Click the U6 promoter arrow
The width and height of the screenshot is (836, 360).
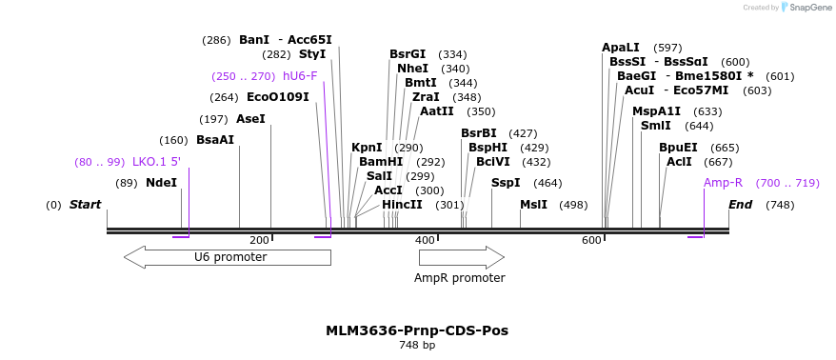coord(228,257)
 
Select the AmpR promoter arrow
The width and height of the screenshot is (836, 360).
coord(462,257)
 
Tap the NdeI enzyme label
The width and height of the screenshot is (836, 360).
coord(161,184)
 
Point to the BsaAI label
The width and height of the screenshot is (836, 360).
coord(215,140)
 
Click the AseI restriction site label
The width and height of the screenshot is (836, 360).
coord(250,119)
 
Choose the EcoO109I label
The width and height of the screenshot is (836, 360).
coord(278,97)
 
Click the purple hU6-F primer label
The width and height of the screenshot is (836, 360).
coord(300,76)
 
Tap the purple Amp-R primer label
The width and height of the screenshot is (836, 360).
coord(723,183)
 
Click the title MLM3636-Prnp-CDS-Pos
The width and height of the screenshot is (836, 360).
coord(417,330)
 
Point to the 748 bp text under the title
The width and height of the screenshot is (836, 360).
coord(417,345)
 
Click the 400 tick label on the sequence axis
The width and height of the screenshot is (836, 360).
coord(425,241)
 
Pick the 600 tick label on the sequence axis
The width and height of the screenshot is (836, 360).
coord(591,241)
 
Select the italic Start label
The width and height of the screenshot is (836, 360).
coord(85,205)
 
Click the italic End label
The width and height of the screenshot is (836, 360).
coord(741,205)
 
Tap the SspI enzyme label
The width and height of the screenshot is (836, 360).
coord(506,184)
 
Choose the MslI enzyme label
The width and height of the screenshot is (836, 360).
coord(533,205)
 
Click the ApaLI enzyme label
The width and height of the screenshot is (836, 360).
coord(621,48)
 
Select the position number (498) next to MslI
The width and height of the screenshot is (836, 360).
coord(573,206)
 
